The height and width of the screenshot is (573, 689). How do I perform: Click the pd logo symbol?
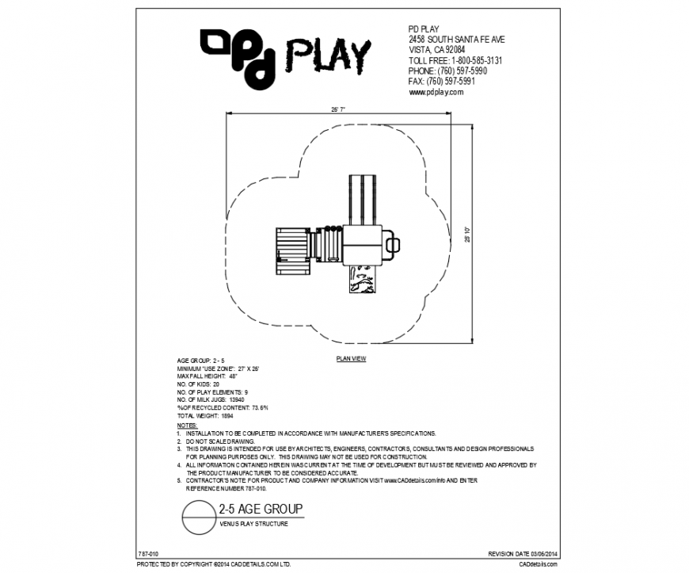click(238, 56)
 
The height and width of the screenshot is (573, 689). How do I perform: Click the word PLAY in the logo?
click(327, 55)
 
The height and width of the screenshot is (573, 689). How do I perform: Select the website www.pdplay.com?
click(436, 92)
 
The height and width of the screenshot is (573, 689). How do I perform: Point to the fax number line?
click(441, 82)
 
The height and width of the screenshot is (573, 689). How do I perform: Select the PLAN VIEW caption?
click(351, 359)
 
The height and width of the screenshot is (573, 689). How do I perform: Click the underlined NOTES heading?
click(187, 425)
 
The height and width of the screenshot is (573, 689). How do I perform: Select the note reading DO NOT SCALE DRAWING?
click(221, 441)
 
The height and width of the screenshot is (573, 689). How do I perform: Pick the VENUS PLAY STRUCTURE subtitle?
click(253, 525)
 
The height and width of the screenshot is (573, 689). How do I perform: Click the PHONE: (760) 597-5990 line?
click(447, 71)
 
